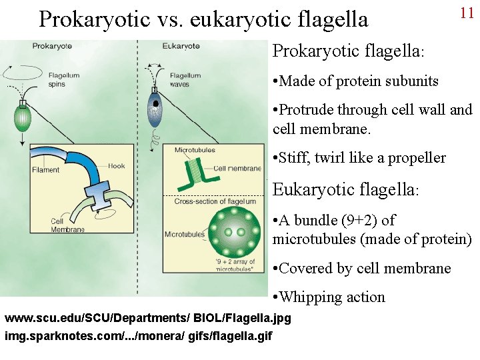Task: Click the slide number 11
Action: point(466,13)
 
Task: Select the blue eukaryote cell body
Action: point(155,113)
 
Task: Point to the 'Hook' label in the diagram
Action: point(116,166)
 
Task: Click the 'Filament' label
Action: point(45,169)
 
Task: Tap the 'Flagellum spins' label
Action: point(64,80)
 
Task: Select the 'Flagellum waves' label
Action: point(185,80)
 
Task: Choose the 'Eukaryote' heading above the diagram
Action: point(181,46)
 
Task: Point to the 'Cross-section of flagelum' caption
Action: point(215,201)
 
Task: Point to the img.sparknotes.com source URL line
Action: point(139,335)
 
